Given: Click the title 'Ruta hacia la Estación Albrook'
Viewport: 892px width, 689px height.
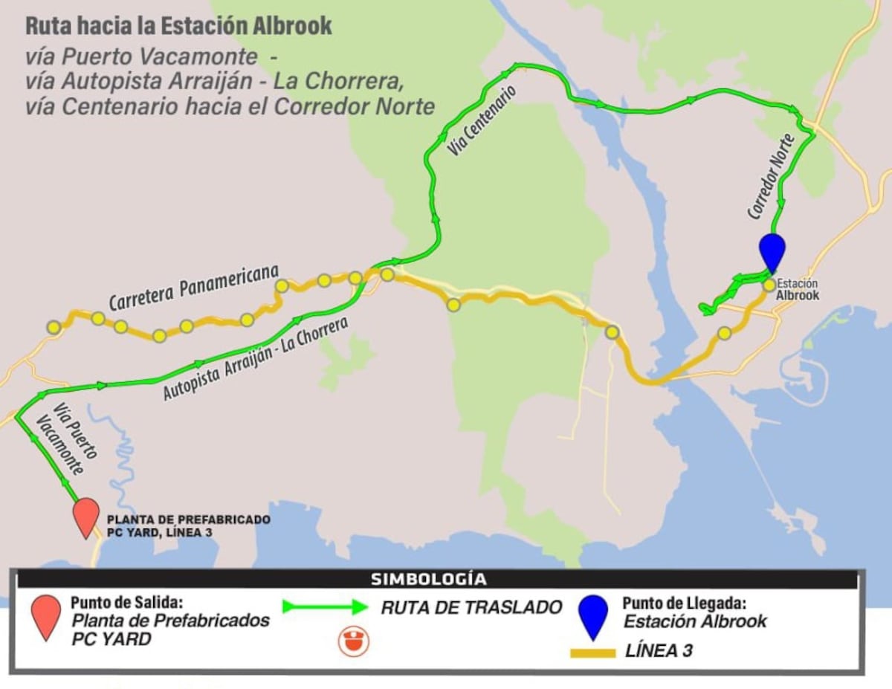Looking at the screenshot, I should tap(178, 26).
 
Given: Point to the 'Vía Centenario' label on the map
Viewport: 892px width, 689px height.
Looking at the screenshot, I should tap(482, 120).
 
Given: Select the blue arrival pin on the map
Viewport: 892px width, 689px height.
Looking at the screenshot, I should tap(772, 251).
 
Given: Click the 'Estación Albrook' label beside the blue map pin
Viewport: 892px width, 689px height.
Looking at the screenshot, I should tap(798, 289).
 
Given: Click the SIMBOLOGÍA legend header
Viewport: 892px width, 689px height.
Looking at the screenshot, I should tap(428, 579).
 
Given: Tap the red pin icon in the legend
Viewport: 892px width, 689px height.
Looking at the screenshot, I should tap(46, 616).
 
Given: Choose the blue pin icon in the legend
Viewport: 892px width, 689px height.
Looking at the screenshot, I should tap(593, 616).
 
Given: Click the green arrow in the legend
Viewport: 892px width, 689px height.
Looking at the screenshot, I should tap(325, 606).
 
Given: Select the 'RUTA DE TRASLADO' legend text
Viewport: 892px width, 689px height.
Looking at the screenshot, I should tap(471, 607).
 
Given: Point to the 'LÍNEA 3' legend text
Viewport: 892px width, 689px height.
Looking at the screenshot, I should tap(659, 651).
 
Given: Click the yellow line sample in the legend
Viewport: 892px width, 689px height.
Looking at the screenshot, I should tap(592, 653).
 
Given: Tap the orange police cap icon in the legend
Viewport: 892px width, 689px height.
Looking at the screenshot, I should tap(354, 641).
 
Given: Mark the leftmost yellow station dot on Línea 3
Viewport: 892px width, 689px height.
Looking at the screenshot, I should tap(54, 327).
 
